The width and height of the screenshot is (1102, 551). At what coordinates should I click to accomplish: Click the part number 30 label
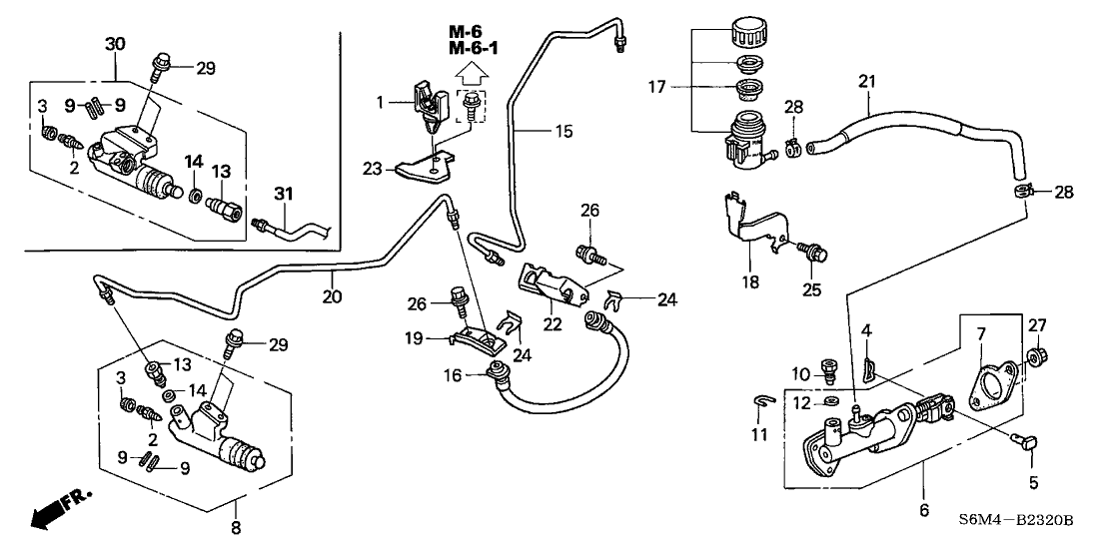[x=115, y=44]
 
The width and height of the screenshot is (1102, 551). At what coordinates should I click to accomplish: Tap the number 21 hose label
[x=866, y=79]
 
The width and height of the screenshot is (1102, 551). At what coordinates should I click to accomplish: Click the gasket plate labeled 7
[x=986, y=382]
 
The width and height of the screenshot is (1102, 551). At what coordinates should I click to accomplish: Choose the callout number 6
[x=923, y=509]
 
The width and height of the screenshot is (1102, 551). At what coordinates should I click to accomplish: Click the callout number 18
[x=750, y=282]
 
